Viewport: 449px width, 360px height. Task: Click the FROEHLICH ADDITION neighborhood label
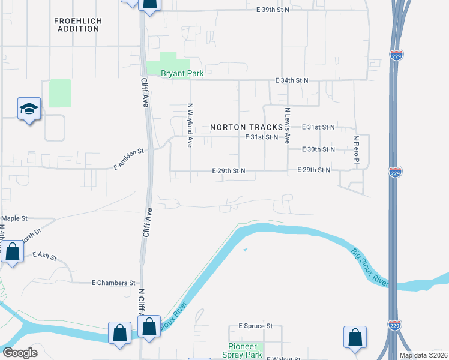(x=78, y=25)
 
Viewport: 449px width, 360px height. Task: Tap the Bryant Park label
(x=182, y=73)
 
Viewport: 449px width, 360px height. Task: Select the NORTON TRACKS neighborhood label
(x=246, y=127)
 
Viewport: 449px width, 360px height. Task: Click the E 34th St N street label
(x=291, y=80)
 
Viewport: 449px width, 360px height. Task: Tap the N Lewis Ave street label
(x=288, y=125)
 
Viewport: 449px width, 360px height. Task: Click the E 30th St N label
(x=318, y=149)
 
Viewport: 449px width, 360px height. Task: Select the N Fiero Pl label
(x=356, y=149)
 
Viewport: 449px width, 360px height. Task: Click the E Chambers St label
(x=113, y=283)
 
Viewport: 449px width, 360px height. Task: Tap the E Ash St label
(x=44, y=257)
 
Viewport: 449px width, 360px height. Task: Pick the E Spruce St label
(x=255, y=326)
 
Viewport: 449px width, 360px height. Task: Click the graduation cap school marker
(x=29, y=109)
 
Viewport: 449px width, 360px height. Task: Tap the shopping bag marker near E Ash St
(x=11, y=252)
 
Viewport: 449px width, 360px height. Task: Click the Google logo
(x=19, y=353)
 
